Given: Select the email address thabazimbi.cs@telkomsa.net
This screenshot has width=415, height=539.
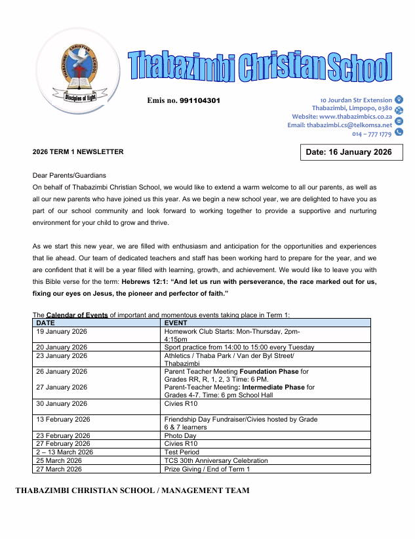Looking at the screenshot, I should click(349, 125).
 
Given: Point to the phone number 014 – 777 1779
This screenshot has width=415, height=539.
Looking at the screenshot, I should click(372, 134).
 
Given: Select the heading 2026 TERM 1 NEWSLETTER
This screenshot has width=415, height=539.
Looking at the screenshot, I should click(78, 152).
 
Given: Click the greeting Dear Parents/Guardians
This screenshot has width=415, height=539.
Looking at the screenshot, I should click(69, 176).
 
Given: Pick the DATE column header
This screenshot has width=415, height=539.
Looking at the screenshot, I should click(46, 323).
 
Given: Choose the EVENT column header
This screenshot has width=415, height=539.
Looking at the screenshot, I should click(176, 323).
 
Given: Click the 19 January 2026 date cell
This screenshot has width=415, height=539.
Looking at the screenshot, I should click(62, 331).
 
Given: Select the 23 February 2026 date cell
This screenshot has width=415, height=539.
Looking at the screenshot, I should click(64, 435).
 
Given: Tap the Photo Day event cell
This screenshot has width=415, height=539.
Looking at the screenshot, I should click(180, 435).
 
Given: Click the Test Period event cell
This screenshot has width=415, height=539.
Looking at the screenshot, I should click(184, 452).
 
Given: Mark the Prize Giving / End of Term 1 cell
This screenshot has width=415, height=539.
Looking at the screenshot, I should click(207, 469).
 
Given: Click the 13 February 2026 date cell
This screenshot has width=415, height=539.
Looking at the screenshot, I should click(64, 419).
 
